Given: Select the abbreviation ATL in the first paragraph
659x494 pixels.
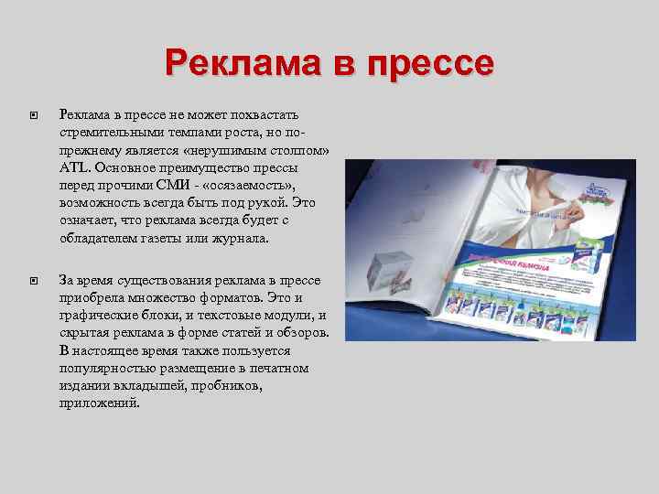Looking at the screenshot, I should tap(70, 169).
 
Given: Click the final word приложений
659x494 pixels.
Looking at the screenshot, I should tap(100, 403).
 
